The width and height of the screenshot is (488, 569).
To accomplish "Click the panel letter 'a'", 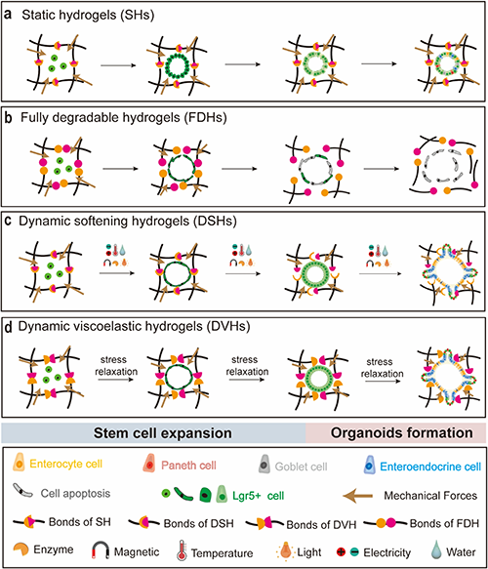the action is click(x=8, y=15).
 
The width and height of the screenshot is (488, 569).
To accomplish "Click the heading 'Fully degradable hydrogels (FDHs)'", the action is click(x=124, y=117).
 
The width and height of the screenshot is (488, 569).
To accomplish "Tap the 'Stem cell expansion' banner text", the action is click(x=163, y=433).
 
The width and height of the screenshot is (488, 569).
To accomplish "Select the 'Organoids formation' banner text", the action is click(x=401, y=432).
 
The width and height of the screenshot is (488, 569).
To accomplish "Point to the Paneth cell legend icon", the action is click(x=149, y=464).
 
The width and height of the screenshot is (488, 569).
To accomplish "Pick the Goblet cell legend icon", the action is click(x=264, y=465).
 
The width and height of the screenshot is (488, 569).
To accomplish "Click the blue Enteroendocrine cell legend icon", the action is click(x=370, y=465).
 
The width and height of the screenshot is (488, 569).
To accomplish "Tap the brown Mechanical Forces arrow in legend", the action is click(x=358, y=496).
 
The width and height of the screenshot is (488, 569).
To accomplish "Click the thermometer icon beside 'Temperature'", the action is click(x=182, y=550).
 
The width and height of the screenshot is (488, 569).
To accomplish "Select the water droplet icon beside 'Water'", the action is click(x=435, y=550).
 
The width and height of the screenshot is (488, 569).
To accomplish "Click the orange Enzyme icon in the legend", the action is click(x=20, y=549).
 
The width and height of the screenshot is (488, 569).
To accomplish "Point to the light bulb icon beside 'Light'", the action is click(x=286, y=550).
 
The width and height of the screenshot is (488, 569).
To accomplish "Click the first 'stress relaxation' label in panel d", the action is click(x=116, y=366).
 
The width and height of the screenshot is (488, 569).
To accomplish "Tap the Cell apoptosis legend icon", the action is click(x=22, y=491).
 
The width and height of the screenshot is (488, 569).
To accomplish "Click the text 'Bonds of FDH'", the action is click(x=444, y=523).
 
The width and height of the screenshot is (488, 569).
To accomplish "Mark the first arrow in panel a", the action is click(x=118, y=65).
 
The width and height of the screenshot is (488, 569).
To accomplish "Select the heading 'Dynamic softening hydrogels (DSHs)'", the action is click(x=128, y=221).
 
